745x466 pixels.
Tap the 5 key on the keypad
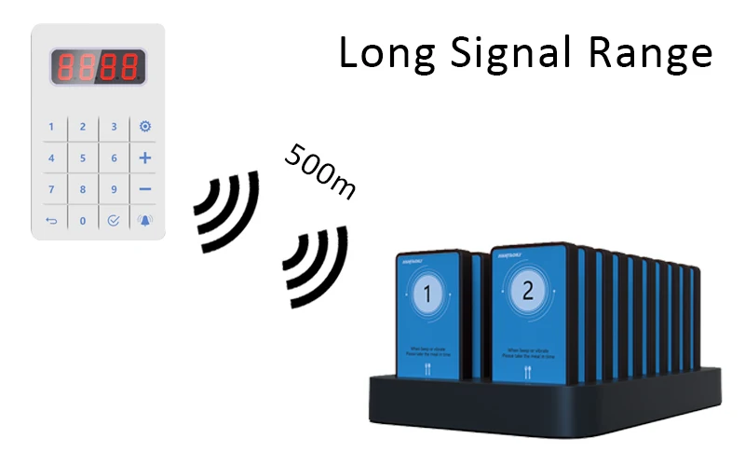point(83,158)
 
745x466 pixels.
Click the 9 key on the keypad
point(115,190)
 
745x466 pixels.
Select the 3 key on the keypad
point(115,127)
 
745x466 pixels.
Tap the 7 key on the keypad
point(51,190)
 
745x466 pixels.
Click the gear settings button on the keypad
point(145,127)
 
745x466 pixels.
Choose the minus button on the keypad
point(145,190)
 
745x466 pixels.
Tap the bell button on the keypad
point(145,222)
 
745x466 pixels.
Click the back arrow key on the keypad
point(51,222)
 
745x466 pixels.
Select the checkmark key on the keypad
point(115,222)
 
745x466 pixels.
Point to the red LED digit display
point(99,66)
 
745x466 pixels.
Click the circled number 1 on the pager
point(428,296)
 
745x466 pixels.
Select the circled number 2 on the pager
point(528,292)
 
